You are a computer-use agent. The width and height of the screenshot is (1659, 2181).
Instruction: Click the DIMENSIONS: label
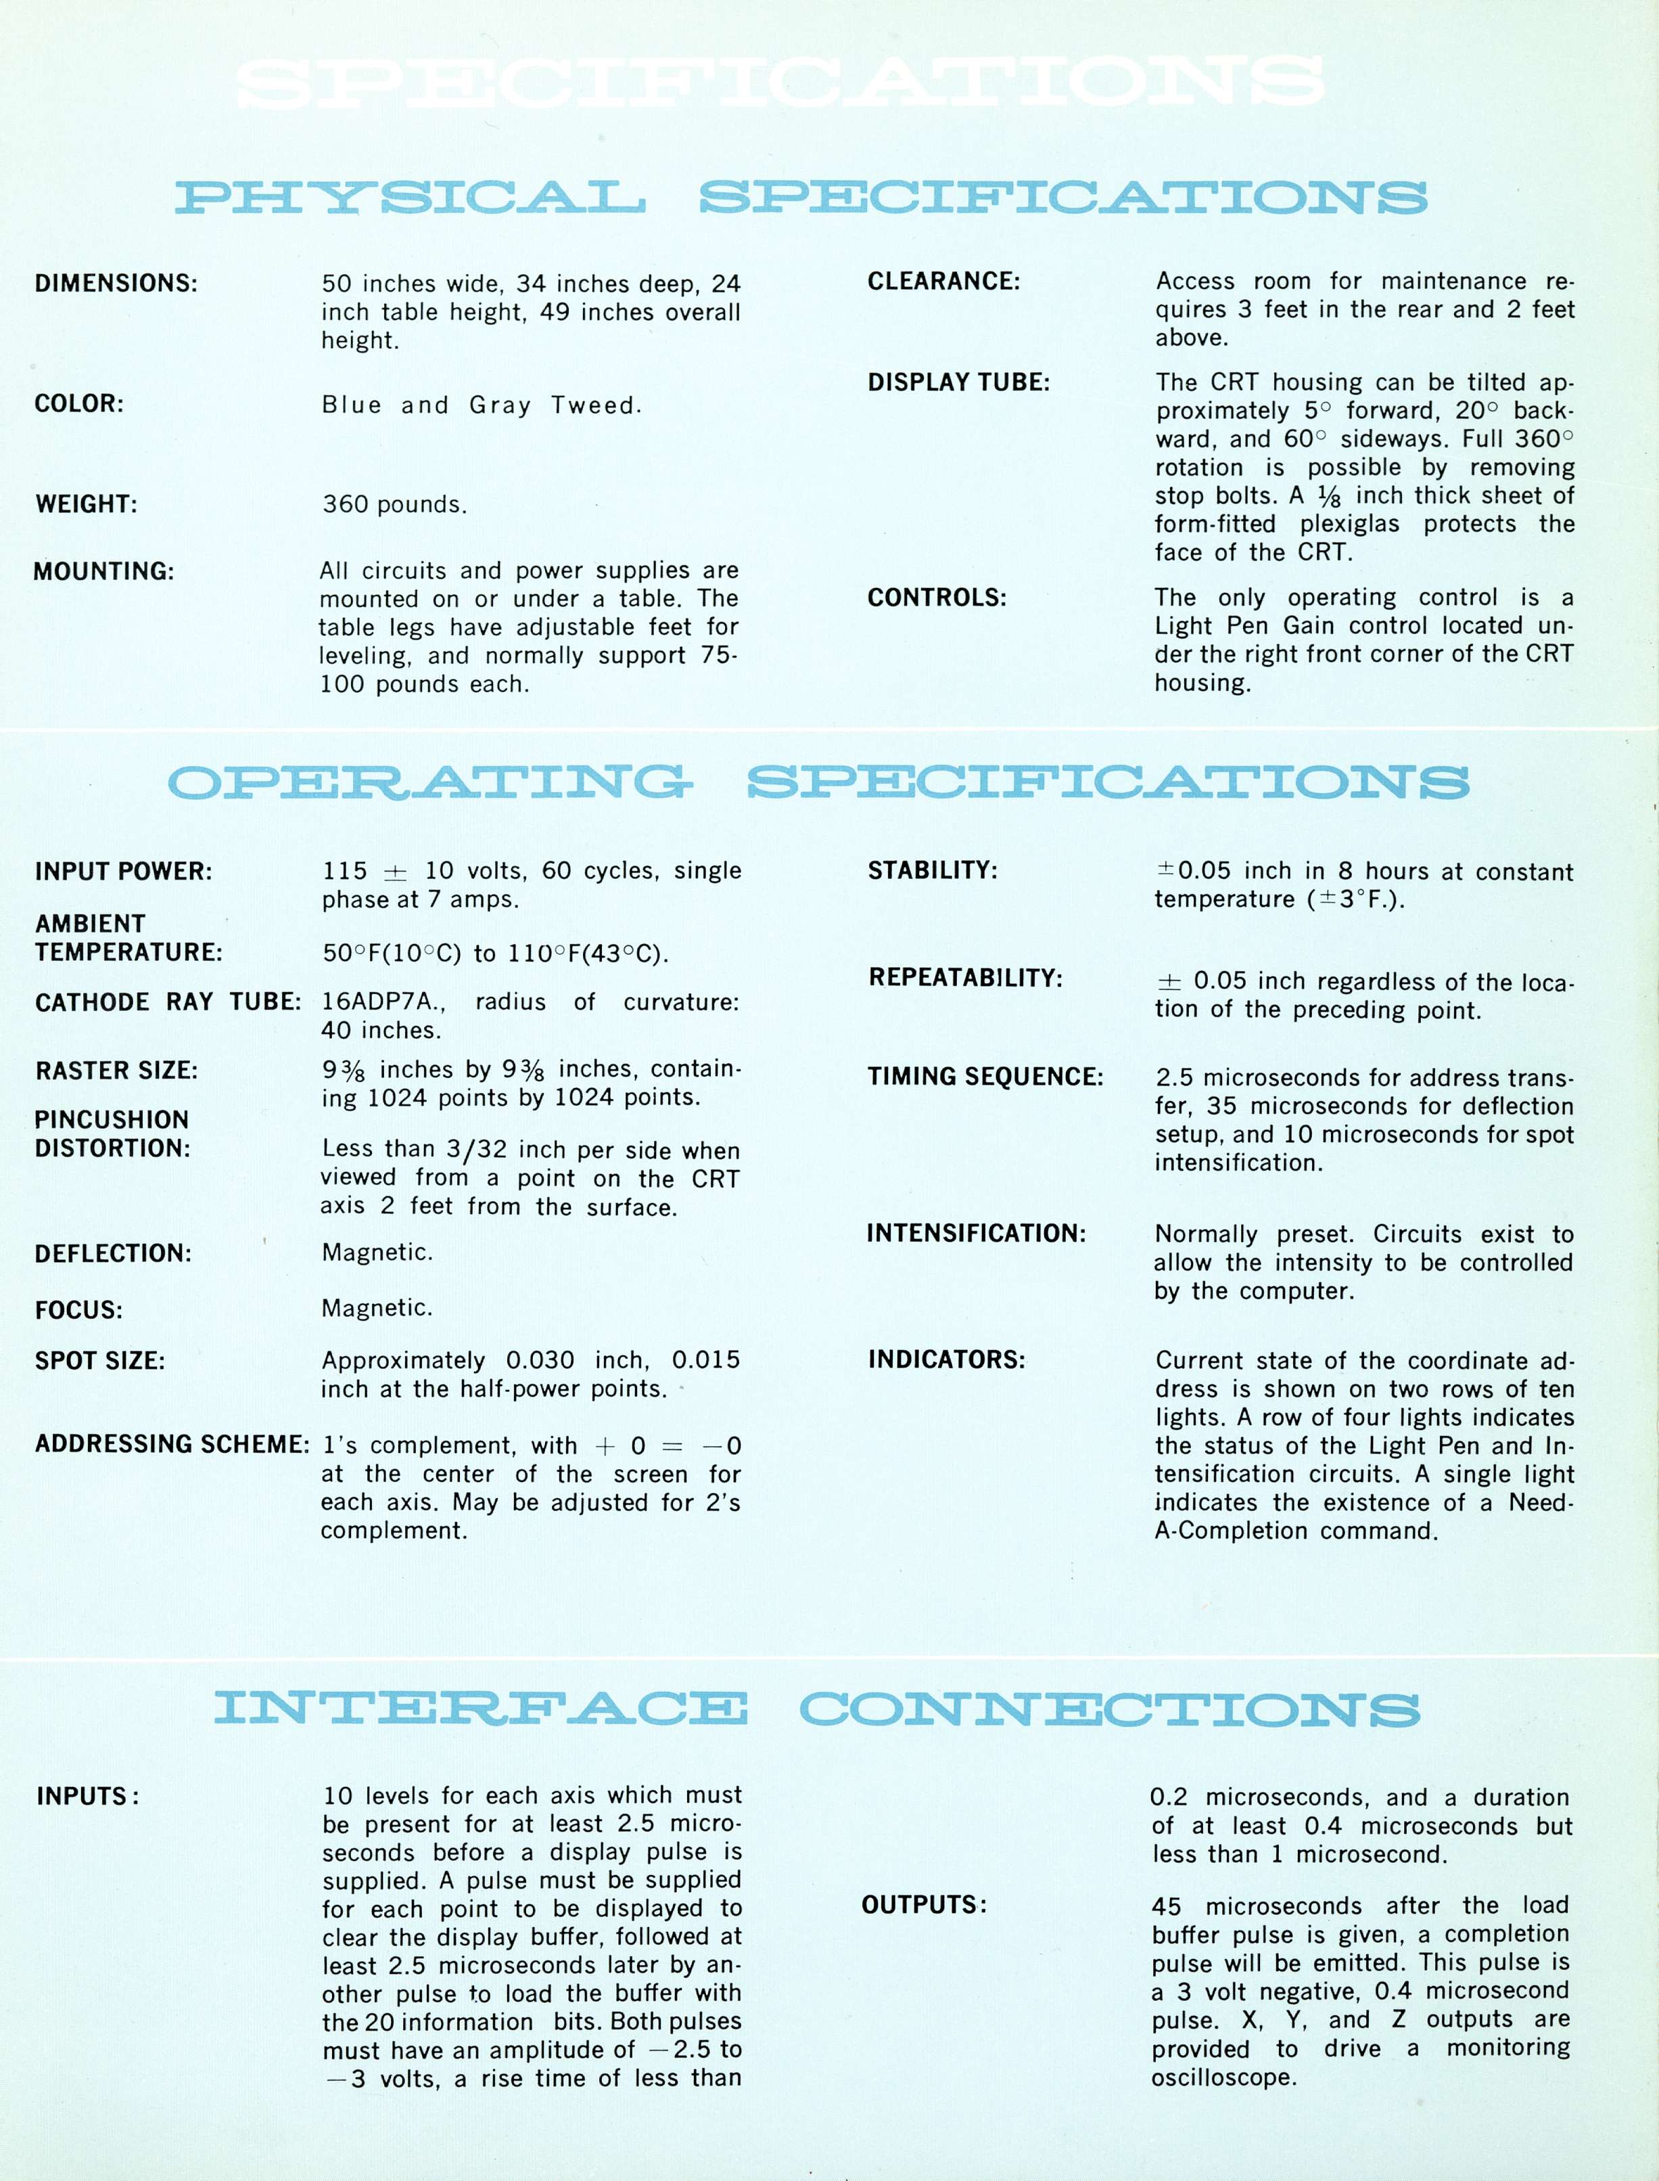coord(116,284)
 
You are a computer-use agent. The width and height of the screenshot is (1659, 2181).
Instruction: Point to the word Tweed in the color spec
coord(595,405)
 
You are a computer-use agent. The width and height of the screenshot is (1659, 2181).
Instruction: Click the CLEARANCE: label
coord(943,282)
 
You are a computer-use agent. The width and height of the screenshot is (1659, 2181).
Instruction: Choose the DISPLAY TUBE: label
coord(958,382)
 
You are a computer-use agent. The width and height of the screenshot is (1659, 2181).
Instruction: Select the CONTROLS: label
coord(936,598)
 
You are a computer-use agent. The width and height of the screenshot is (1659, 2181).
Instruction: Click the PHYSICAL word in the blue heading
coord(410,198)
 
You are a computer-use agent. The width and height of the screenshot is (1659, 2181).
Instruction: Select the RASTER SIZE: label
coord(116,1071)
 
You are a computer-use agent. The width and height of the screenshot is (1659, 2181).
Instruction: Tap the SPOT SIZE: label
coord(99,1360)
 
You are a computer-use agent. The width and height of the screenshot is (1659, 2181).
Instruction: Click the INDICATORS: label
coord(946,1359)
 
